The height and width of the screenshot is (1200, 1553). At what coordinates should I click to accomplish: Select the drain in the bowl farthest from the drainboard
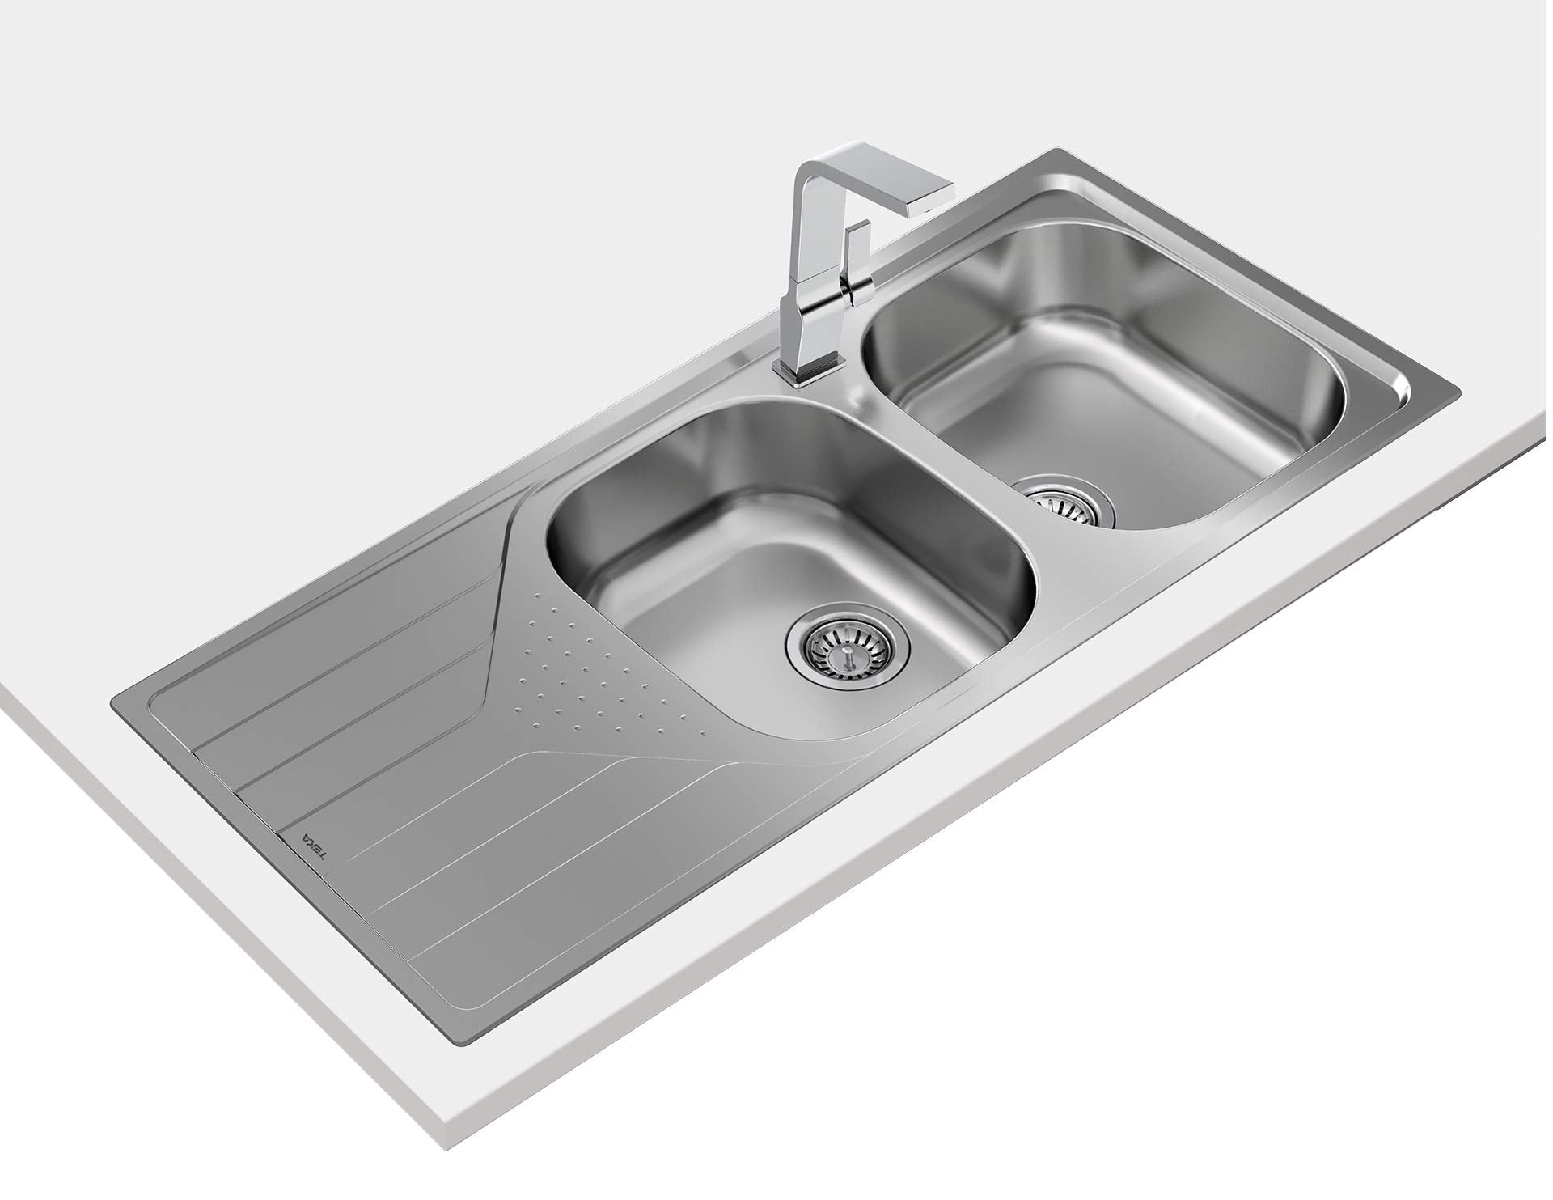pos(1064,502)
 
